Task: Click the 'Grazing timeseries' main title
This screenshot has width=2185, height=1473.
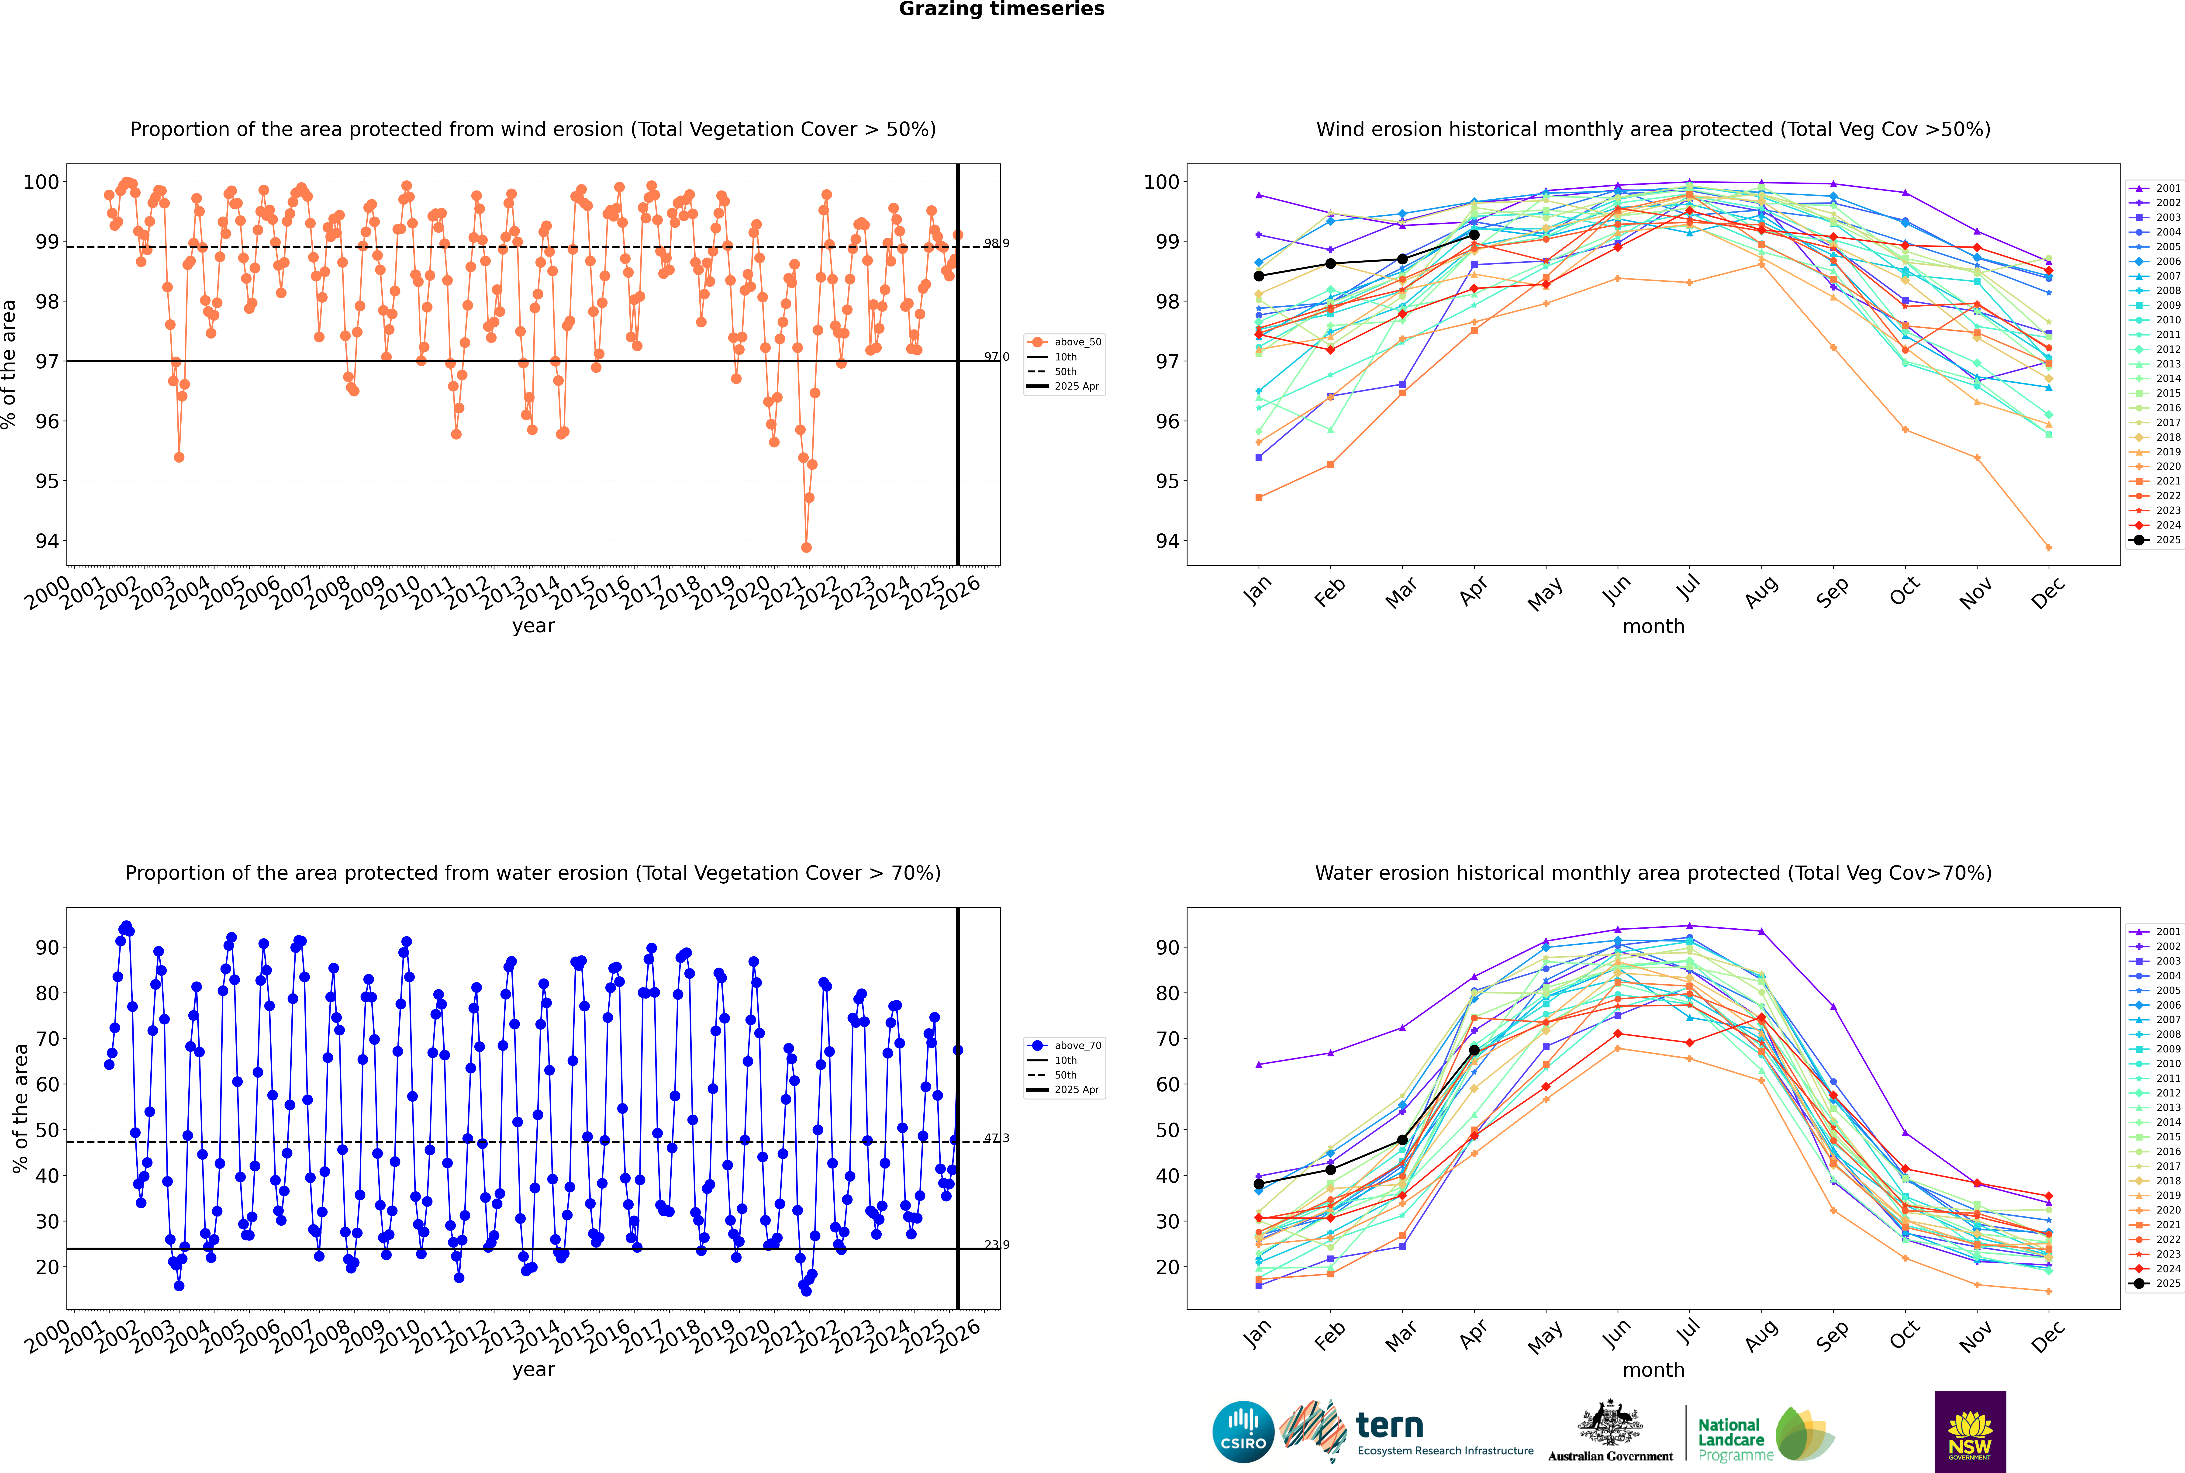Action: [1001, 9]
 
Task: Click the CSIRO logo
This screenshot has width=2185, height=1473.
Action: [1243, 1432]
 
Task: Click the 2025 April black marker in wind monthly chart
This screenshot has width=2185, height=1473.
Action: [1474, 235]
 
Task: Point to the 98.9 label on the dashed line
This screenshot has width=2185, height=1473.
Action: [997, 243]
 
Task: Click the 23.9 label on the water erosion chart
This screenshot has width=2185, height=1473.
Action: [997, 1245]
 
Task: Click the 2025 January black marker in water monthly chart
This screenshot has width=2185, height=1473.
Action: [1259, 1185]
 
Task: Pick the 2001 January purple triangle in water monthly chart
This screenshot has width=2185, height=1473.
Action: [1259, 1064]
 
